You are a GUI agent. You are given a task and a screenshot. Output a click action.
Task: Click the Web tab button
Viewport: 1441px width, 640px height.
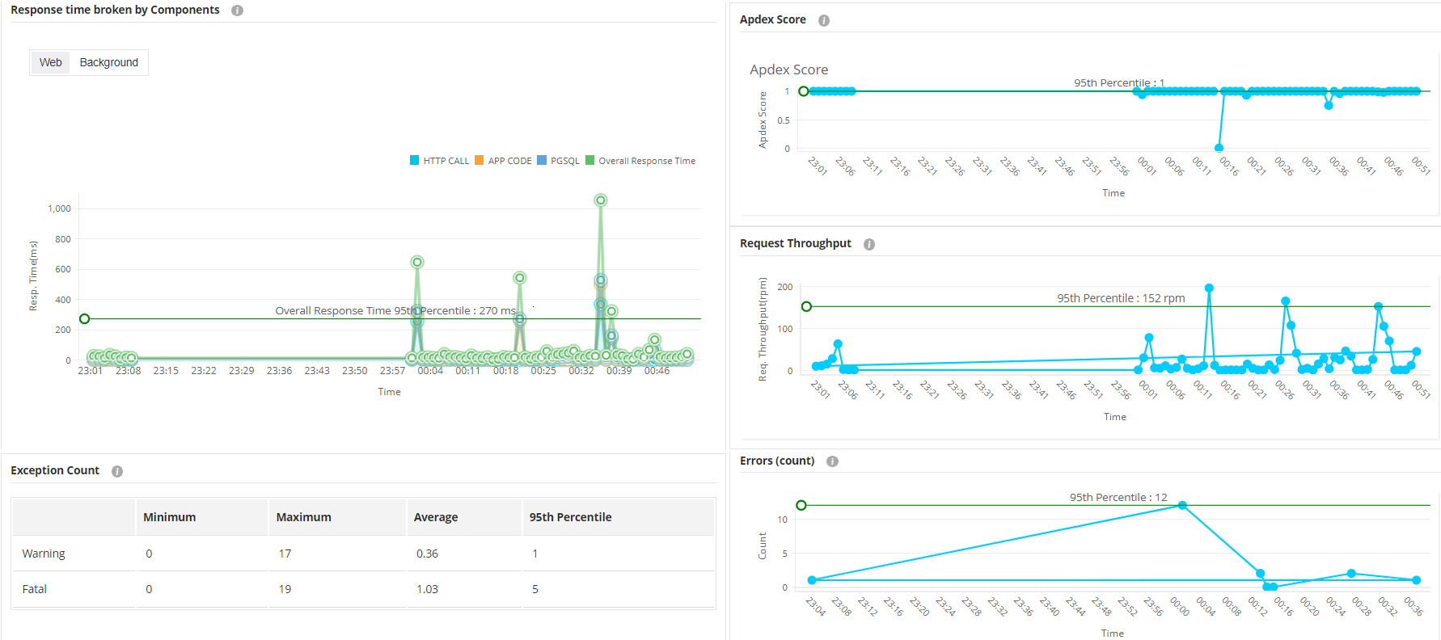pos(50,62)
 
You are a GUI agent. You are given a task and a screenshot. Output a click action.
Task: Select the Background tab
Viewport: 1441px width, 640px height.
pos(108,62)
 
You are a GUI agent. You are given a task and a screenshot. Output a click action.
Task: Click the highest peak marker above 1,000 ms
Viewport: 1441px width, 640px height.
pos(600,200)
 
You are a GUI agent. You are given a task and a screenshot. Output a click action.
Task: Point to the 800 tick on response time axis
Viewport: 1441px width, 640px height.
pos(62,239)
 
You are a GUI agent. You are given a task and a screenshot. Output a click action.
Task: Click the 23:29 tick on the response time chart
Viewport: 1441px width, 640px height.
pos(241,371)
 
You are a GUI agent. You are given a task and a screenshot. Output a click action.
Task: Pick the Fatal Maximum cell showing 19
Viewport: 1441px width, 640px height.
pos(285,589)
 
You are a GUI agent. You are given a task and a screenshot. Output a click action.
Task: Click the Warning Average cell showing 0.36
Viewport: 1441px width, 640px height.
pos(427,554)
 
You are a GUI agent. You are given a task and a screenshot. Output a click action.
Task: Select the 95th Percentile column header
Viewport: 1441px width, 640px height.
pos(570,517)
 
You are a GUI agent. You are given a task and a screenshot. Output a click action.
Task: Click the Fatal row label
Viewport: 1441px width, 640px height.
pos(34,589)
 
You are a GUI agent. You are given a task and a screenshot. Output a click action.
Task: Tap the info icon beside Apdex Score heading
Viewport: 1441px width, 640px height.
pos(823,20)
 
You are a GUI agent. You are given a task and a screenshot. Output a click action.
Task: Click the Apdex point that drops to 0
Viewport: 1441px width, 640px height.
pos(1219,148)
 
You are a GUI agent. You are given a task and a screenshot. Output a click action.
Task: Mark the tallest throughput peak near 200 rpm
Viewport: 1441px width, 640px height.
pos(1209,288)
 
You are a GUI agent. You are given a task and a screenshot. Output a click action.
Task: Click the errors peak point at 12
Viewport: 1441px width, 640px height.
pos(1182,505)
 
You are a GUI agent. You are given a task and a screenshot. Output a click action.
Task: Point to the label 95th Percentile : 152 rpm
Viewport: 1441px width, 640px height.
pos(1121,298)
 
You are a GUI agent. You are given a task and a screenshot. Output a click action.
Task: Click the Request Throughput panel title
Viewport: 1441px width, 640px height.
pos(795,243)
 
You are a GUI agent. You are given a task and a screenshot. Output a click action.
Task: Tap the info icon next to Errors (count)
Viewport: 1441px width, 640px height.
pos(832,461)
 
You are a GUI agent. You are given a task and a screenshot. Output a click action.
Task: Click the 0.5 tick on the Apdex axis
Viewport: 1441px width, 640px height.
pos(783,120)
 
